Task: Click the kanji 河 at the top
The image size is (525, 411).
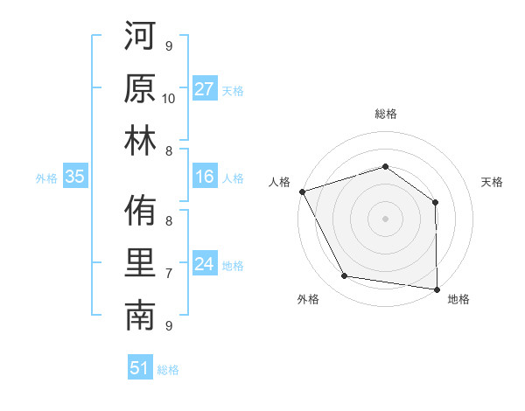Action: click(140, 37)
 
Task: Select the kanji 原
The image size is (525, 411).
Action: click(140, 89)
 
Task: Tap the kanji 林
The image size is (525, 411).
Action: click(140, 142)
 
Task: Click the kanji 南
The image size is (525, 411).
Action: click(140, 317)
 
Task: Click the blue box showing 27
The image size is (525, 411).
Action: click(205, 89)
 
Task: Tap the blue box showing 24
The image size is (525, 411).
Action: click(205, 265)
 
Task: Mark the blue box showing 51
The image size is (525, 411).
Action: click(140, 368)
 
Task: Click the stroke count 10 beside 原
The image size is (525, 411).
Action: click(169, 99)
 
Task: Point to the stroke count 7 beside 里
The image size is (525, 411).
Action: click(169, 274)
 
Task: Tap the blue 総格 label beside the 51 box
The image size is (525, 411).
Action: click(168, 369)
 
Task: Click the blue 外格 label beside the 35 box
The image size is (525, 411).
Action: click(46, 178)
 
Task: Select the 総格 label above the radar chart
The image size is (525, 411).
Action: click(385, 114)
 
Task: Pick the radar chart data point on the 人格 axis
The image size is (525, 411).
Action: click(302, 192)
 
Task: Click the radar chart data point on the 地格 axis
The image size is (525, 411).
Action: click(437, 289)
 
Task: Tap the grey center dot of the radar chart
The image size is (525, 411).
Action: click(385, 218)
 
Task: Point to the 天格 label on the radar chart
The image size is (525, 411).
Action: click(493, 182)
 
